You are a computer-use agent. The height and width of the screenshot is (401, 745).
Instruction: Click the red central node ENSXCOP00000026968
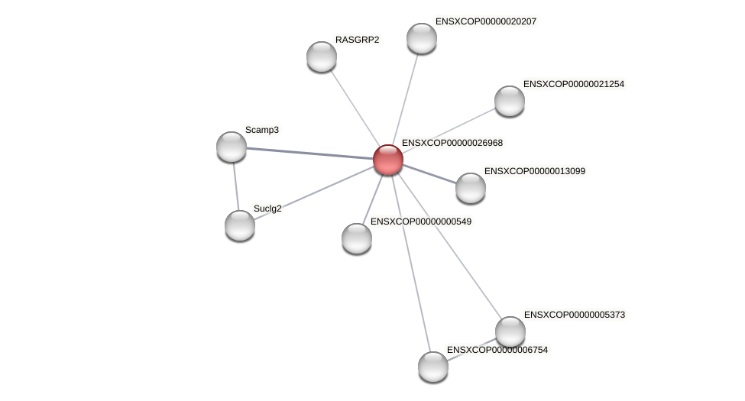pyautogui.click(x=388, y=160)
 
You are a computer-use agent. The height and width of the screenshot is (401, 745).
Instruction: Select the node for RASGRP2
pyautogui.click(x=322, y=57)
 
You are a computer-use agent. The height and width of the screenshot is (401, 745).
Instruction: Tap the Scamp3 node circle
pyautogui.click(x=232, y=147)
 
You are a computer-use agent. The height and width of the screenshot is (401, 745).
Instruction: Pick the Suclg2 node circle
pyautogui.click(x=240, y=225)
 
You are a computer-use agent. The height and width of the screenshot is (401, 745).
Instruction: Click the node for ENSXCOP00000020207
pyautogui.click(x=422, y=38)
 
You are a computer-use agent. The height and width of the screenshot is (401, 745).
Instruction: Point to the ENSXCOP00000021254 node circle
pyautogui.click(x=510, y=101)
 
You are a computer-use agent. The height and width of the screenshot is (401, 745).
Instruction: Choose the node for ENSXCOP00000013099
pyautogui.click(x=471, y=188)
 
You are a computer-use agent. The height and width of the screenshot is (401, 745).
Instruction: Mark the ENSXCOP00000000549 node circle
pyautogui.click(x=357, y=238)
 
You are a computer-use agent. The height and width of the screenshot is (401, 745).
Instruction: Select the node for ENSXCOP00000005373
pyautogui.click(x=510, y=331)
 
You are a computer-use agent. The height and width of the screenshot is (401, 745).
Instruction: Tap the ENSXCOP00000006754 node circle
pyautogui.click(x=433, y=367)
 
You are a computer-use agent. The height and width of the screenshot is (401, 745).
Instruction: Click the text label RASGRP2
pyautogui.click(x=357, y=40)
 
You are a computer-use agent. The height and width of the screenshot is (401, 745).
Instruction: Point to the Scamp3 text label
pyautogui.click(x=262, y=130)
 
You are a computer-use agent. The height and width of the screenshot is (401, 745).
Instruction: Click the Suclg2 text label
pyautogui.click(x=267, y=209)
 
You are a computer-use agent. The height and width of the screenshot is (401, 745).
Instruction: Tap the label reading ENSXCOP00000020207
pyautogui.click(x=486, y=21)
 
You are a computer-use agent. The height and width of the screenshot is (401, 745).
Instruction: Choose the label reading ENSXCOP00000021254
pyautogui.click(x=574, y=84)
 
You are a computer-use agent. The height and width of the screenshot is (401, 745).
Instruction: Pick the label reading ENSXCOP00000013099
pyautogui.click(x=535, y=171)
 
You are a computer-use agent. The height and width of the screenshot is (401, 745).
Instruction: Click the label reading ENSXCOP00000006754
pyautogui.click(x=497, y=350)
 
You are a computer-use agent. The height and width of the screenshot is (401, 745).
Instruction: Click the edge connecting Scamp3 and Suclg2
pyautogui.click(x=235, y=186)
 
